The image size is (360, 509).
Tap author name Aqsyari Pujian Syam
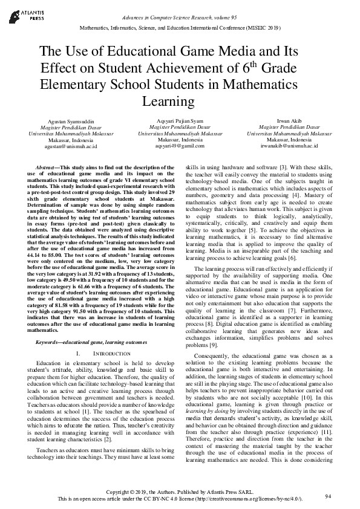tap(180, 121)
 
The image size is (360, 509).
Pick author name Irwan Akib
tap(289, 121)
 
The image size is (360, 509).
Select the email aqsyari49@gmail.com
tap(180, 146)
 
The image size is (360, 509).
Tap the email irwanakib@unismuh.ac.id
tap(289, 146)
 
